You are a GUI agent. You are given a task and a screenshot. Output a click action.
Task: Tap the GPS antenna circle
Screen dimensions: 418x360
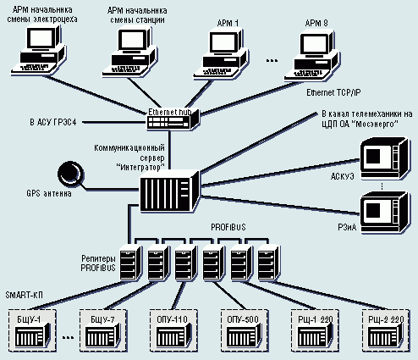pos(70,173)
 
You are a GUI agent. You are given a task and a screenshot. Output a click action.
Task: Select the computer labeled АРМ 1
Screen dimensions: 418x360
pos(221,53)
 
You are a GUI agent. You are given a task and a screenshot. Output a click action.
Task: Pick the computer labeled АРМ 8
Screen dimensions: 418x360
pos(312,56)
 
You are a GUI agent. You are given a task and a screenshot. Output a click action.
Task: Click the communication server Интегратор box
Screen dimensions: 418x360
pos(170,191)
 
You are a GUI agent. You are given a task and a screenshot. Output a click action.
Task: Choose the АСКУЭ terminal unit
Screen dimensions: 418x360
pos(385,159)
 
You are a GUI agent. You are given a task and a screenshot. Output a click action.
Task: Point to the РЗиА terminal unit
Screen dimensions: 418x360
pos(385,213)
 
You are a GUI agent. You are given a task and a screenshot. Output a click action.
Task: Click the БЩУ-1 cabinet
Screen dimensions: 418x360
pos(32,330)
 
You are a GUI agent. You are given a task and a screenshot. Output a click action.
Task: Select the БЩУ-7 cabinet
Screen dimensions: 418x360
pos(103,330)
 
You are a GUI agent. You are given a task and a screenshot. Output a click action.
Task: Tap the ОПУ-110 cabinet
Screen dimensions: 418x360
pos(173,330)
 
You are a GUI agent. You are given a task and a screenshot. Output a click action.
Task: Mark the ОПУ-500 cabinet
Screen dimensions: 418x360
pos(244,330)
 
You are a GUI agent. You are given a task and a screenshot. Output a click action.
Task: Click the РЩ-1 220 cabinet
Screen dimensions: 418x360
pos(315,330)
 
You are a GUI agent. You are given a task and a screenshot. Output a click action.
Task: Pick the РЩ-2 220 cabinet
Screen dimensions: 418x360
pos(386,330)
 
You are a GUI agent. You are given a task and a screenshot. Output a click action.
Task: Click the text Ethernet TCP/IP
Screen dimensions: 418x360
pos(333,92)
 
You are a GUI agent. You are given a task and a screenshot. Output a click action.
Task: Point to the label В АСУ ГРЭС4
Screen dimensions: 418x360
pos(53,122)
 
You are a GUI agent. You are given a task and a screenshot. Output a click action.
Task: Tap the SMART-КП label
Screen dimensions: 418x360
pos(25,295)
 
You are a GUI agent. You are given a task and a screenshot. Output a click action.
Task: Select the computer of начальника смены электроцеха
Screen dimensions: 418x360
pos(39,50)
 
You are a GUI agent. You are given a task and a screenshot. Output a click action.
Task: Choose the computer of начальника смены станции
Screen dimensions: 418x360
pos(129,52)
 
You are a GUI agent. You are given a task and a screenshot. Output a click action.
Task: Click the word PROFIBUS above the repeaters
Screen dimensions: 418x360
pos(228,227)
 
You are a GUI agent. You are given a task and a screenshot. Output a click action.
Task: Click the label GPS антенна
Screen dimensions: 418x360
pos(49,194)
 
